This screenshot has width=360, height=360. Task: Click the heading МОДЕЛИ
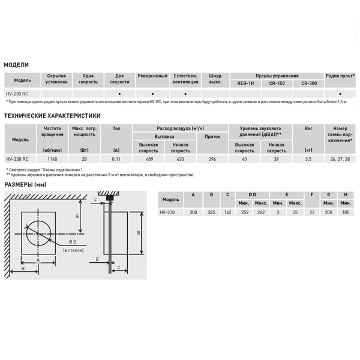[x=16, y=64]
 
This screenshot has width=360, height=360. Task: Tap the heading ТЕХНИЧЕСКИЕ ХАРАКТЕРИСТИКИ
[x=52, y=116]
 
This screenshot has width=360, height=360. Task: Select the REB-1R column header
[x=246, y=84]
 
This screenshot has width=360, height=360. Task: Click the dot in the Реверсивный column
[x=152, y=94]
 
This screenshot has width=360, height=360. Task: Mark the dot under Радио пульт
[x=340, y=94]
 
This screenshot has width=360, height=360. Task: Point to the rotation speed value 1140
[x=53, y=159]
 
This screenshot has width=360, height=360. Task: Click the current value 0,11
[x=116, y=159]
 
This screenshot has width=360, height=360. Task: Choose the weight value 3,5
[x=308, y=159]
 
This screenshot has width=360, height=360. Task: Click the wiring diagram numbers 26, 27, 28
[x=340, y=159]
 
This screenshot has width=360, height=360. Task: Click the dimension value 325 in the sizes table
[x=211, y=212]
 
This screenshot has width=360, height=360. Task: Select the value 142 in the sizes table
[x=227, y=212]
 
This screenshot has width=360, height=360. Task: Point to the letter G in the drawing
[x=77, y=215]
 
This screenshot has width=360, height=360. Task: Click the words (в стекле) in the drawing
[x=72, y=249]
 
